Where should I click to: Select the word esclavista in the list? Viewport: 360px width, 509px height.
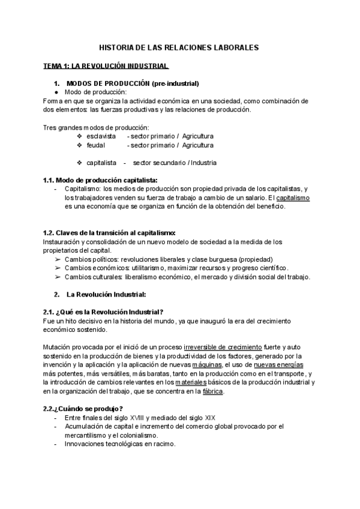pos(101,136)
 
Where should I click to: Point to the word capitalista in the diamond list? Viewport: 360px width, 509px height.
pos(103,163)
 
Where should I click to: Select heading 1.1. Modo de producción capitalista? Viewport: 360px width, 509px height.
pos(101,180)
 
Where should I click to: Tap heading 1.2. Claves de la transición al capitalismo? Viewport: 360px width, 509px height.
pos(118,233)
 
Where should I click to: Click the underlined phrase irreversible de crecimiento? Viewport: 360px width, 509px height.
pos(215,347)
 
